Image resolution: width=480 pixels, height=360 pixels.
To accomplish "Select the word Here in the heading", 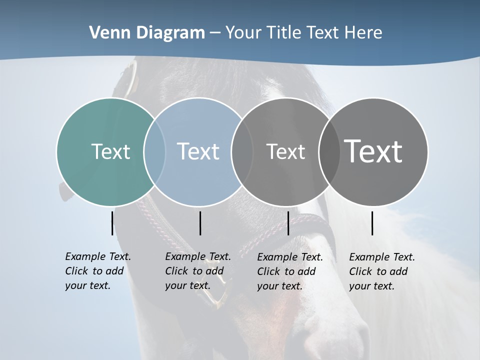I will [363, 33].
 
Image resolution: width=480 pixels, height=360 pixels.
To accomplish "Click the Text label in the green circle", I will [110, 151].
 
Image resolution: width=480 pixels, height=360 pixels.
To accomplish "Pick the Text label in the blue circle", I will [198, 151].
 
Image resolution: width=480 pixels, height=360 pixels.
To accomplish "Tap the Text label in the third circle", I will [285, 151].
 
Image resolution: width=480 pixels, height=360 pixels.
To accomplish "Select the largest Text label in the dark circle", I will [373, 151].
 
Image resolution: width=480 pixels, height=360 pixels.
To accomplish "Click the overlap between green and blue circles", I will [154, 151].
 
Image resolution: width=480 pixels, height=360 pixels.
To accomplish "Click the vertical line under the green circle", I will [112, 223].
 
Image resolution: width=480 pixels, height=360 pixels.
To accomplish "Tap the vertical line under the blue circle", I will [200, 223].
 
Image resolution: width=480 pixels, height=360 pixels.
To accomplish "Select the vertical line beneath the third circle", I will [288, 223].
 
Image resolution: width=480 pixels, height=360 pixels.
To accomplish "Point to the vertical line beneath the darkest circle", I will [372, 223].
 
